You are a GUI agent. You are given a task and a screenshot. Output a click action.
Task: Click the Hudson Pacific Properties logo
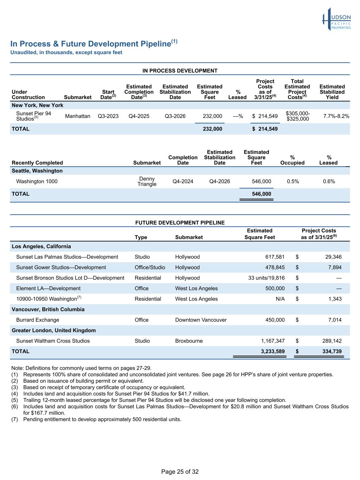336,19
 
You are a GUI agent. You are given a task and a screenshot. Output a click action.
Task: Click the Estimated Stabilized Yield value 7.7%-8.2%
336,116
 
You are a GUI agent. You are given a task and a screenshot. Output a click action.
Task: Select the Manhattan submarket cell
78,116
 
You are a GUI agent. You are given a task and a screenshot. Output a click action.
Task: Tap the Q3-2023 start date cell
108,116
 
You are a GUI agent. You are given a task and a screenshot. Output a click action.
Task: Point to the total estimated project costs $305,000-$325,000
297,116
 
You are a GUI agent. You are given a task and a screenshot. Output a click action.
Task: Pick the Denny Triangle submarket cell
147,181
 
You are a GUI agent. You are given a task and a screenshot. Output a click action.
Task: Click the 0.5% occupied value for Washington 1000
293,181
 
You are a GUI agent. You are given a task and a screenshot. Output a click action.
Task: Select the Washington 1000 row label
37,181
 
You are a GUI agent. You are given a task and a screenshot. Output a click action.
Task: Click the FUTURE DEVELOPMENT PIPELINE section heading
180,223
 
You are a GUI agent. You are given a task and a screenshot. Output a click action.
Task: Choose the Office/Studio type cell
150,268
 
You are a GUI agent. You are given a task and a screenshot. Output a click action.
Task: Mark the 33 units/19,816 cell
266,278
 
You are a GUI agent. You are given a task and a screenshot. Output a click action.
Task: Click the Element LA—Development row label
48,288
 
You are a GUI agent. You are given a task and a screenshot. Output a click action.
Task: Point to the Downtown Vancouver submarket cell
201,320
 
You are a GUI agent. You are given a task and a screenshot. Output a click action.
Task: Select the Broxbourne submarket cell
189,341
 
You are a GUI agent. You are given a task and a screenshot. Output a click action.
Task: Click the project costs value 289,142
332,341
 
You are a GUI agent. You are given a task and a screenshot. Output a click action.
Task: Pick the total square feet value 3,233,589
271,351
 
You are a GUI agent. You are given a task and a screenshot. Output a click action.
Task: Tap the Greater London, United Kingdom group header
53,331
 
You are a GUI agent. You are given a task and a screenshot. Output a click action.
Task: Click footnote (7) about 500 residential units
102,419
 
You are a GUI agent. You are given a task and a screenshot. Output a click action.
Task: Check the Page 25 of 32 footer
180,472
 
